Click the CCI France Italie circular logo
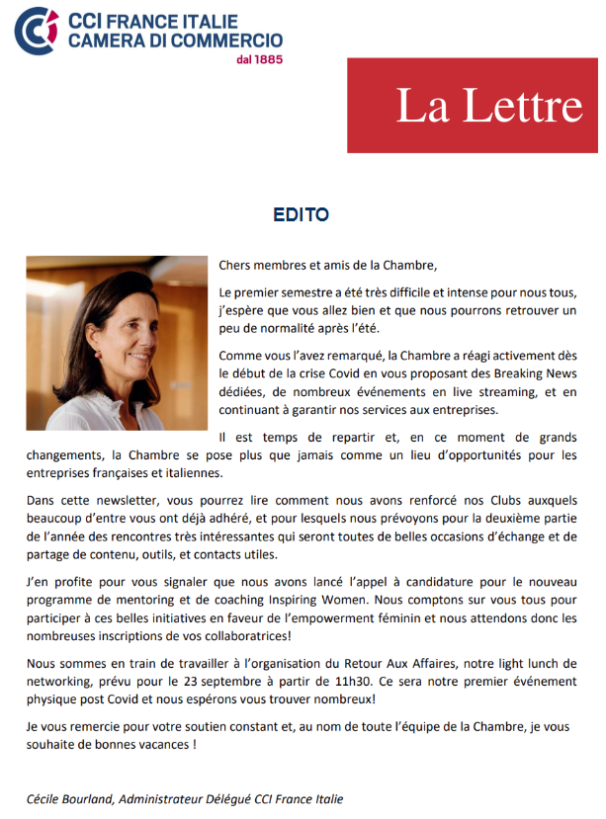[x=37, y=31]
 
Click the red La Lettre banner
[x=473, y=105]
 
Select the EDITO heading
[x=302, y=214]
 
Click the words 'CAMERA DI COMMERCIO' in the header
[x=175, y=40]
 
